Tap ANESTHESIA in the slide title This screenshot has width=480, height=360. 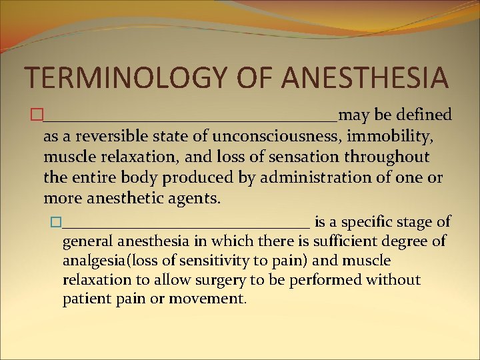click(365, 77)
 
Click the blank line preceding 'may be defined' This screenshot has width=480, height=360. click(190, 119)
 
